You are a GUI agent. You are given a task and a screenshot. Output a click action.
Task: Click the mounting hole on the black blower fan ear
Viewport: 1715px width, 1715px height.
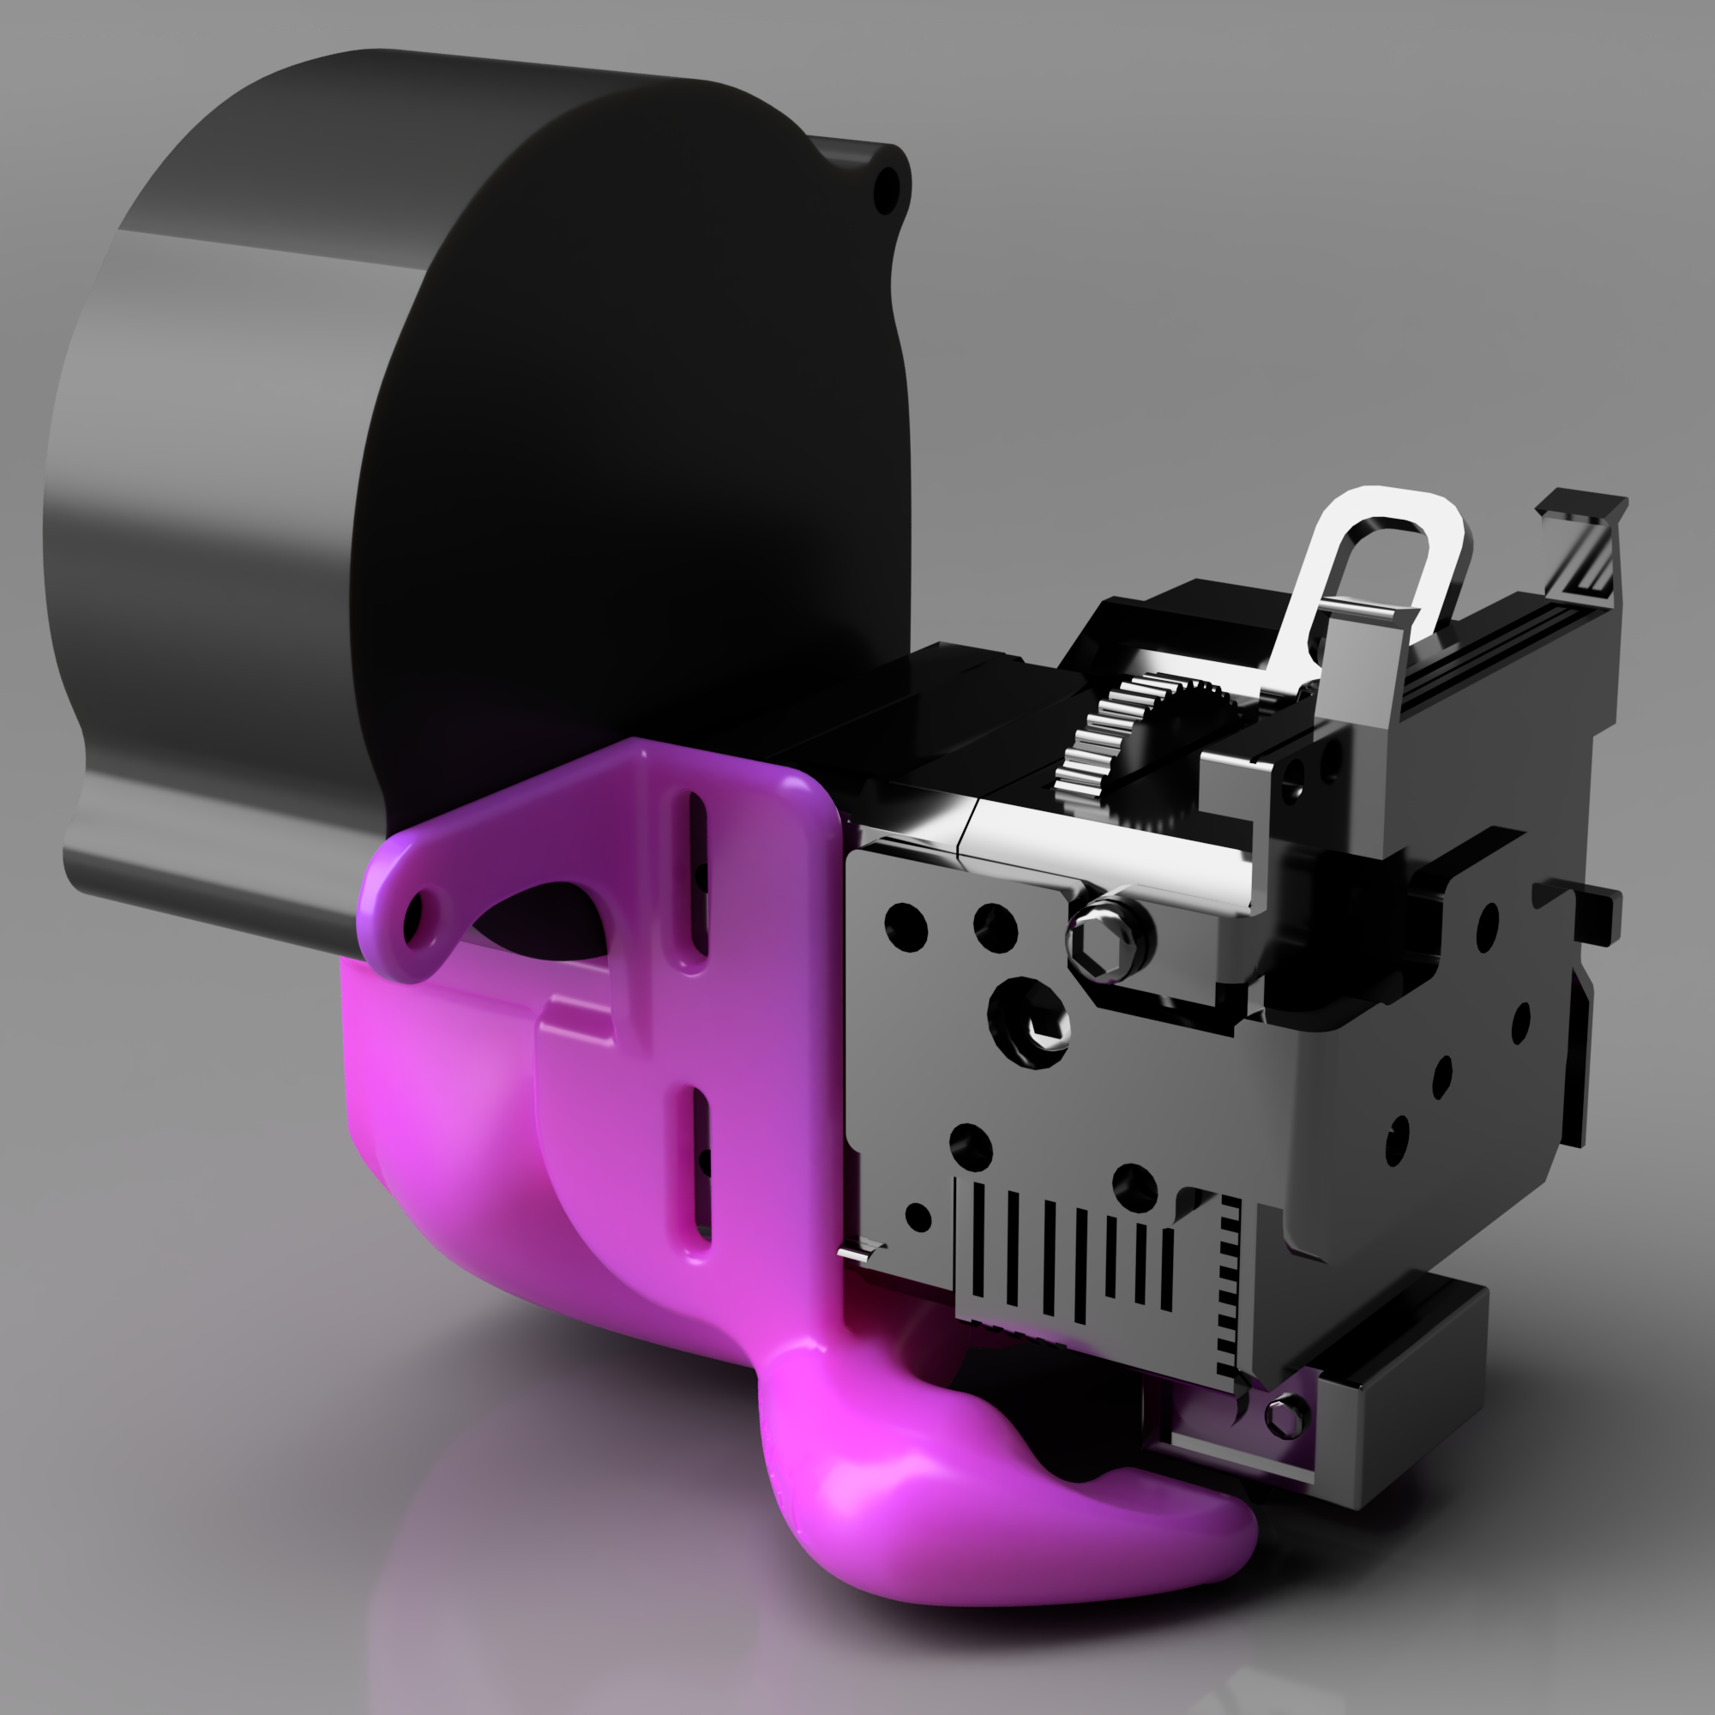coord(886,189)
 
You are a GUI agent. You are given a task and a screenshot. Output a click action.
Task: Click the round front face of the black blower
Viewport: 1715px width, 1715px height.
coord(639,426)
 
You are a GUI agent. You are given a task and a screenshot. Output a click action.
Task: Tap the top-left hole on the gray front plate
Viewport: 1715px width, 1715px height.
coord(906,925)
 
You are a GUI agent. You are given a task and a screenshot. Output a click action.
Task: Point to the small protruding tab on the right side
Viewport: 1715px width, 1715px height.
coord(1589,906)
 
